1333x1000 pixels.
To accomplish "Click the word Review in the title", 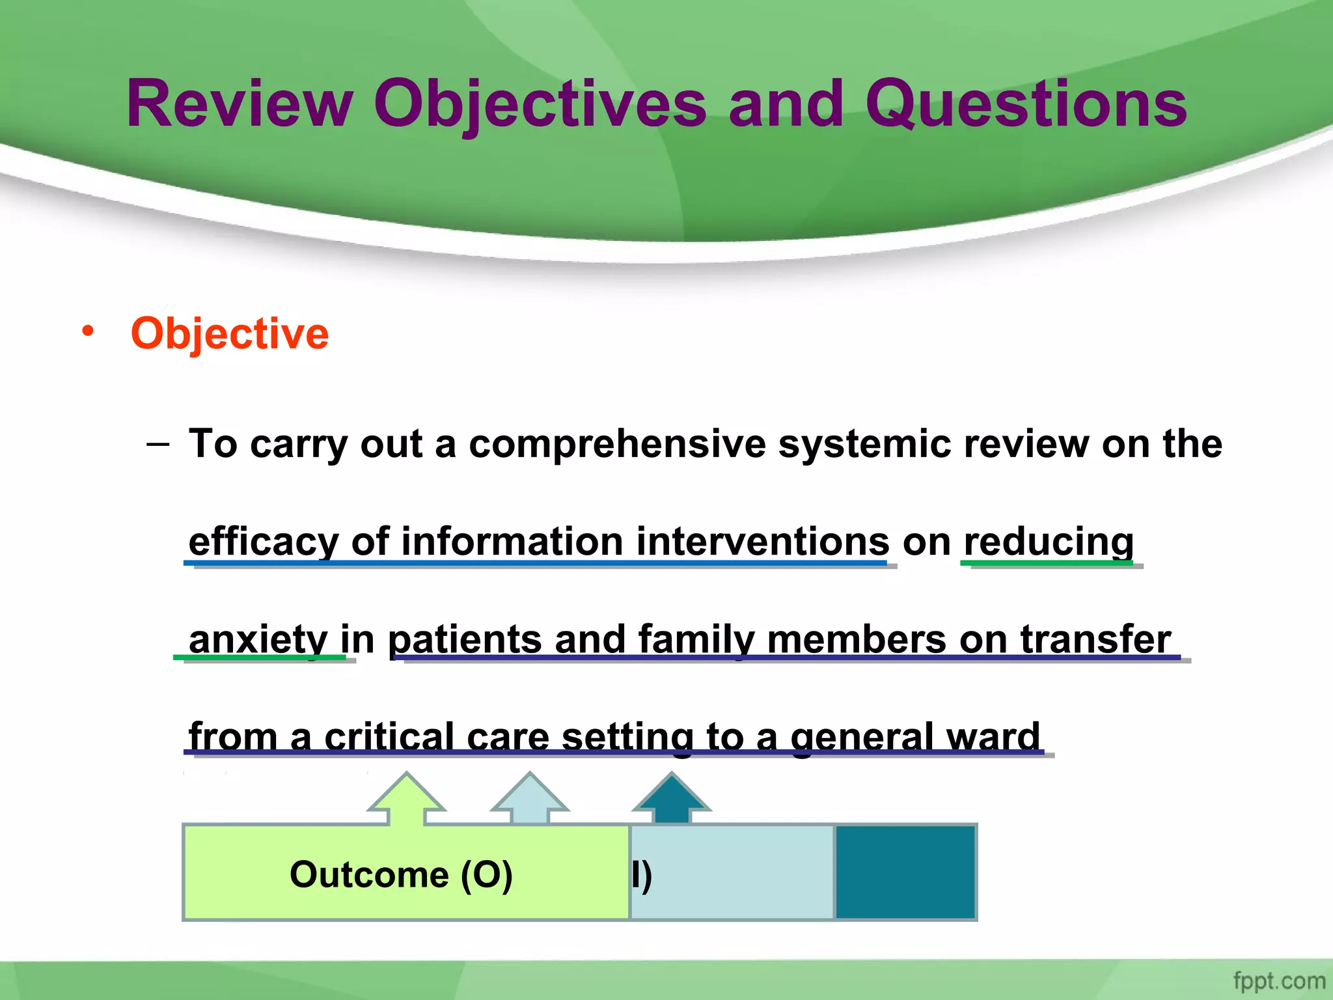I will pos(239,104).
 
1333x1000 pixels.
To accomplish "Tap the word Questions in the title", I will pos(1026,104).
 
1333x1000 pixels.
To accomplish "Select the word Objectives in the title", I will pos(540,104).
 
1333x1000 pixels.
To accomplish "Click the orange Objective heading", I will pos(229,333).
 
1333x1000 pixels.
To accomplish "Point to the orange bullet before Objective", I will pos(88,331).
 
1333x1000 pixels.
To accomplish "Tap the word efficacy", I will pos(264,542).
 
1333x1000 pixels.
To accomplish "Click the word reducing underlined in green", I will pos(1049,542).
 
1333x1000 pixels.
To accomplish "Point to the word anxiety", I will pos(258,639).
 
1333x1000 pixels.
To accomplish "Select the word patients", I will pos(465,639).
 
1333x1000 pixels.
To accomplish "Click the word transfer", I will pos(1095,639).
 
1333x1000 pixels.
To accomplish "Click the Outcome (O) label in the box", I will pos(401,874).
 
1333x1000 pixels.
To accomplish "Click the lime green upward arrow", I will pos(407,799).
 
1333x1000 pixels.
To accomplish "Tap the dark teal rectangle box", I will pos(905,872).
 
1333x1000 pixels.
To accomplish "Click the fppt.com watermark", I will pos(1278,980).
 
